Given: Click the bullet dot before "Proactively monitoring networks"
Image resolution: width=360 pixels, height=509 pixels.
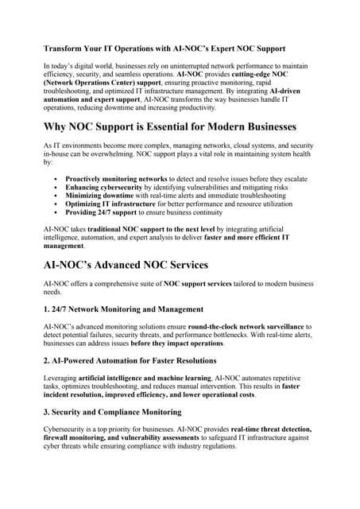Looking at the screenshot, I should coord(54,180).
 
